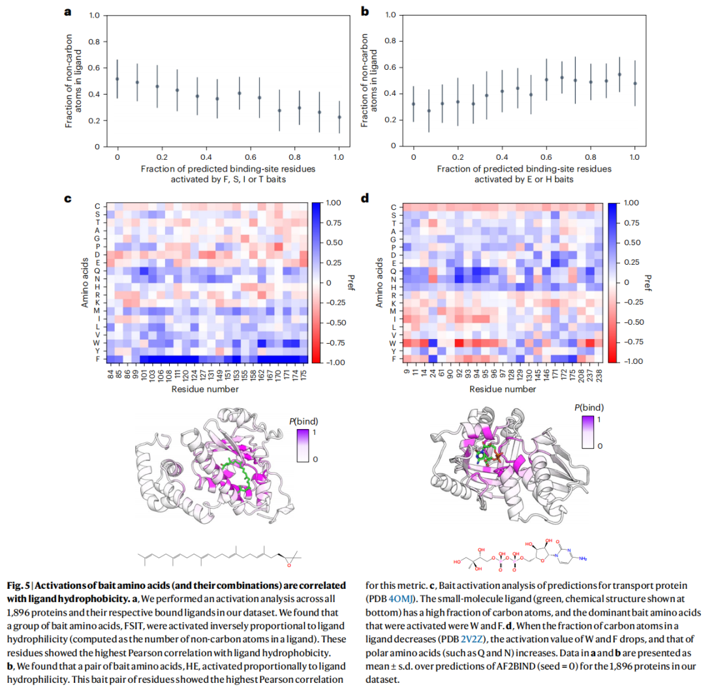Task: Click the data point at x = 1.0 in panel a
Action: [339, 117]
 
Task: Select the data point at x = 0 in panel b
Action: [413, 104]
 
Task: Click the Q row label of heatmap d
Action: [394, 270]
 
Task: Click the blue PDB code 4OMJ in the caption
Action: [402, 597]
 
